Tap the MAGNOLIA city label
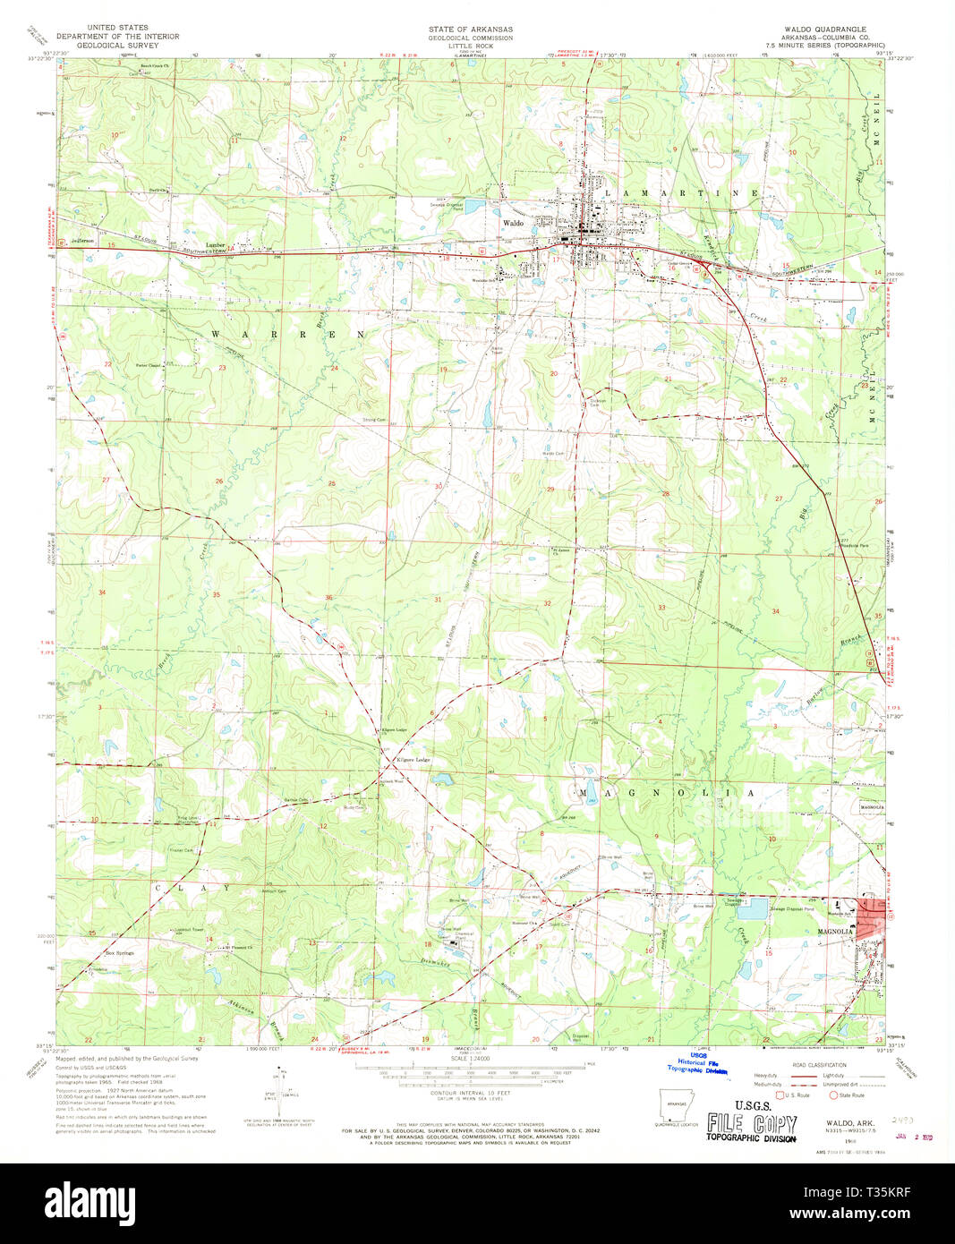(834, 932)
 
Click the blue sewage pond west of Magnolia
(755, 908)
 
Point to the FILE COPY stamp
(751, 1124)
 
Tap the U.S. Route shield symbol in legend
(780, 1094)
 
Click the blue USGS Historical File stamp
(703, 1064)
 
